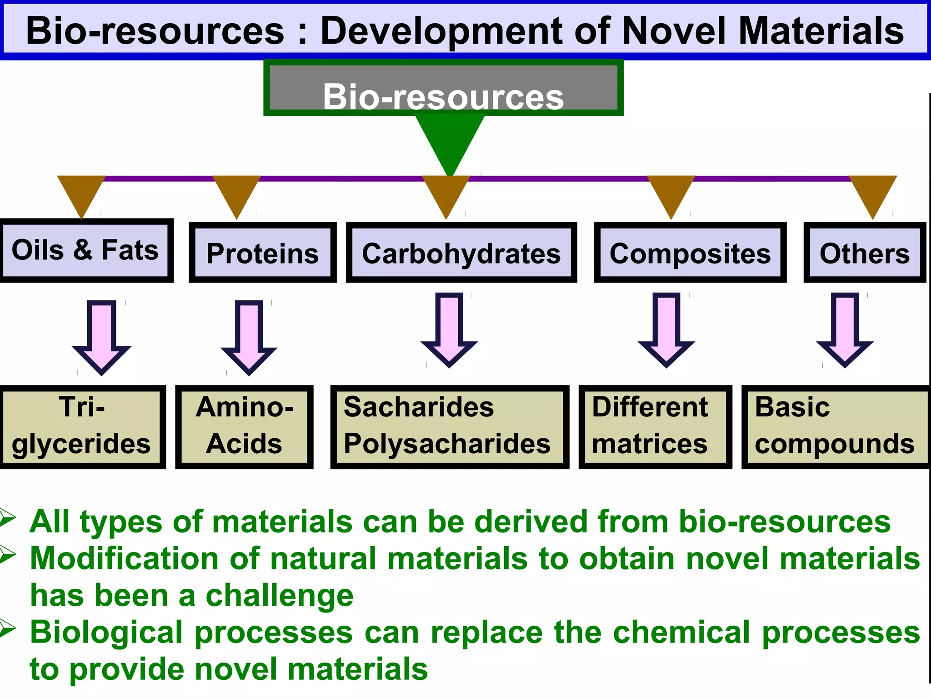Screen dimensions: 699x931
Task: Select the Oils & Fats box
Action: tap(85, 250)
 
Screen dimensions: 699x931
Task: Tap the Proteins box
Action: tap(263, 253)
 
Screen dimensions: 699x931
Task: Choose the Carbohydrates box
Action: tap(461, 253)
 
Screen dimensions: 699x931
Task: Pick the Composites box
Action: tap(690, 253)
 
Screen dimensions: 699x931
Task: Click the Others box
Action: tap(865, 253)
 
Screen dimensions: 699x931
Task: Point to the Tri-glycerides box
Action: tap(82, 427)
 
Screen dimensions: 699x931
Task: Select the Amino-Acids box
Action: tap(245, 427)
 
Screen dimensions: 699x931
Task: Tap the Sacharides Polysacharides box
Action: tap(449, 427)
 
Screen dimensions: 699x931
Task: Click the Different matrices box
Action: tap(655, 427)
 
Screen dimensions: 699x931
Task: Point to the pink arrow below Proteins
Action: tap(249, 337)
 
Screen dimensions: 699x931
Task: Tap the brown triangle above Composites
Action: tap(671, 193)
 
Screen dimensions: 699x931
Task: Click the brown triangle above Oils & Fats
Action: tap(81, 193)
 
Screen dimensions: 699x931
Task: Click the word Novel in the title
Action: tap(673, 31)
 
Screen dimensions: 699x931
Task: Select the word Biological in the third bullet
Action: tap(106, 633)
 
